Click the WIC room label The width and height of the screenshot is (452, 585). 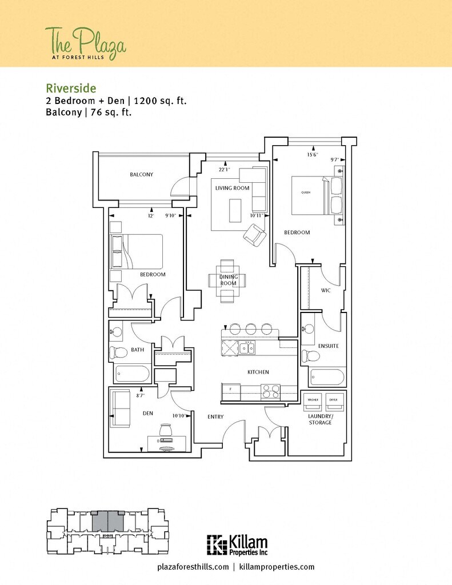[326, 291]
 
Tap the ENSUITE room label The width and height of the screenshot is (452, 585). [329, 346]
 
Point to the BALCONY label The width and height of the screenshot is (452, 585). [141, 175]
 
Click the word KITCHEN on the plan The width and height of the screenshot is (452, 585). [258, 372]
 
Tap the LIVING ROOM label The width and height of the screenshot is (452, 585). [232, 188]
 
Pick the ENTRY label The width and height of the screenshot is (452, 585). [215, 417]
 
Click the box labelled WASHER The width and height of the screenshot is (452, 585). [313, 402]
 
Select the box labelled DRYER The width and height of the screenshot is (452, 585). [333, 402]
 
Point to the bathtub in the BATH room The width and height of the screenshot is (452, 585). [132, 374]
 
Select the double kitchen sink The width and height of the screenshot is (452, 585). [247, 347]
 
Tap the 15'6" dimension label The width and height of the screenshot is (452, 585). [312, 154]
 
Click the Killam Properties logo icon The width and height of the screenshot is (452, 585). [217, 544]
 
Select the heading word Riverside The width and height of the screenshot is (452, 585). [71, 88]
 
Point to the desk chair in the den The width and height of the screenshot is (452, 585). [166, 429]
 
